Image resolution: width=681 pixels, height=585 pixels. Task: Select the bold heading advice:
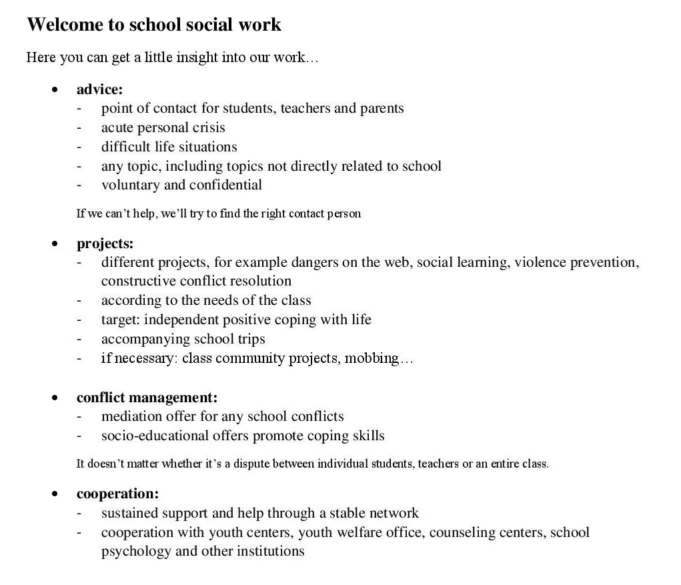click(x=99, y=89)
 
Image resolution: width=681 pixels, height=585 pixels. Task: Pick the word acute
click(x=117, y=127)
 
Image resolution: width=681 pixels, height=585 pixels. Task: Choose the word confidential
click(x=225, y=185)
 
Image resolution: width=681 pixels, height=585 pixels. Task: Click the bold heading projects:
click(x=105, y=243)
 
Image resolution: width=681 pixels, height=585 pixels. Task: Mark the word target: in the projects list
click(x=121, y=320)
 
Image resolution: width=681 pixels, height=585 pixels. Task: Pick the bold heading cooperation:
click(x=117, y=494)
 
